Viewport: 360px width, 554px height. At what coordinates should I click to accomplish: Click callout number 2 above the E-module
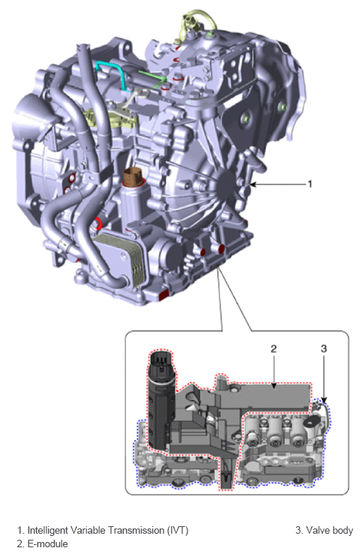point(274,348)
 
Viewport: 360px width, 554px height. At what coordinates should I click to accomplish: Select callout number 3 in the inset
point(323,348)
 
